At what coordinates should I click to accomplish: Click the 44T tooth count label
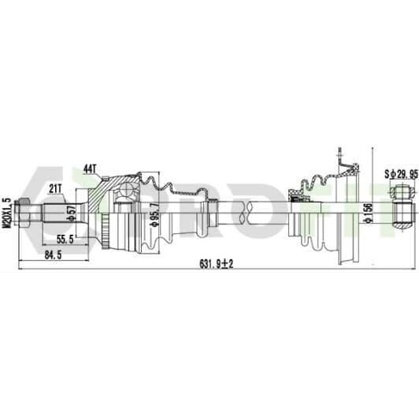(90, 169)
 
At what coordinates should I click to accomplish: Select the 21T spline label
(55, 189)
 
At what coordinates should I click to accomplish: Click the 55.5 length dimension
(65, 239)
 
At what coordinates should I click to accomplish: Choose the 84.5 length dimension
(53, 255)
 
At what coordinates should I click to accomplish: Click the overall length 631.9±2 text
(217, 264)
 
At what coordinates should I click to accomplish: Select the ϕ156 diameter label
(369, 213)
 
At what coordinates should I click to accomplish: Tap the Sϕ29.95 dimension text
(401, 174)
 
